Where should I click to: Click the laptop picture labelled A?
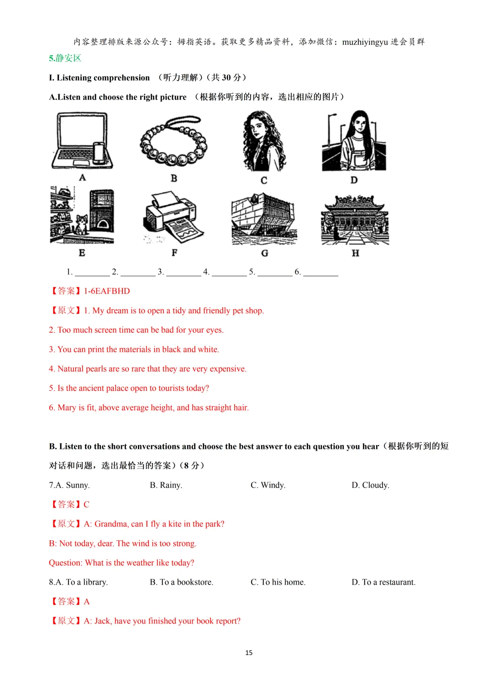(x=82, y=141)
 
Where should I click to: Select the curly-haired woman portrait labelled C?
(x=264, y=142)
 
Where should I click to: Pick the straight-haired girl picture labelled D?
(x=354, y=142)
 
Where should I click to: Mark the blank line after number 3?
(x=184, y=273)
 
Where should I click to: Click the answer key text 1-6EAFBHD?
(x=107, y=291)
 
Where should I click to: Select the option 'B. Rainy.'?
(x=166, y=485)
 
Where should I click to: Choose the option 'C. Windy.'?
(x=268, y=485)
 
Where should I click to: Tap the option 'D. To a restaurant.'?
(x=383, y=582)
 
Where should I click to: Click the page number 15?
(x=249, y=653)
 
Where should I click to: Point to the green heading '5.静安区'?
(x=65, y=58)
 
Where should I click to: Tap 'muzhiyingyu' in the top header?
(x=365, y=42)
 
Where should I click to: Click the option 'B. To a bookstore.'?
(x=181, y=582)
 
